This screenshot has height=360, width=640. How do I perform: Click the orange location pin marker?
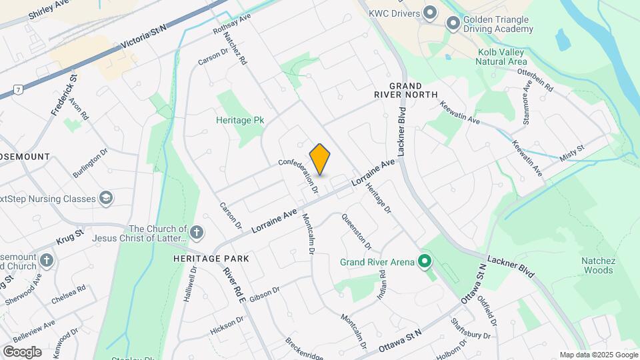320,159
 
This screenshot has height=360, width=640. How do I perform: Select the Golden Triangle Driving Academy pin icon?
453,25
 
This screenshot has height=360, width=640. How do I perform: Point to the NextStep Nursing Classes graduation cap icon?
106,198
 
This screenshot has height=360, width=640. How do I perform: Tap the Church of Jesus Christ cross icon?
196,233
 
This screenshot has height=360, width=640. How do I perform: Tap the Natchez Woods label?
598,265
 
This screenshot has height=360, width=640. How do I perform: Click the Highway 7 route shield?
18,89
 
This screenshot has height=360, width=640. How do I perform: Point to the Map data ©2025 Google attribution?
598,355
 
